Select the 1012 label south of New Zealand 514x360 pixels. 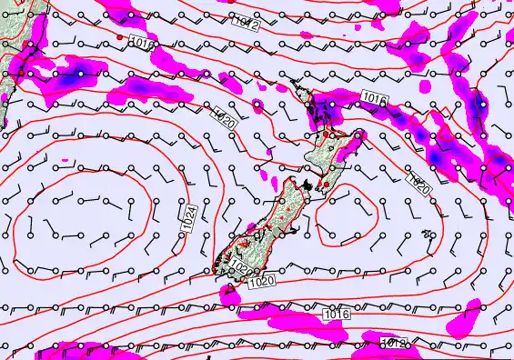tap(393, 343)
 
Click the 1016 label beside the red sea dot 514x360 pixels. tap(141, 43)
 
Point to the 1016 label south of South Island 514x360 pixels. tap(337, 315)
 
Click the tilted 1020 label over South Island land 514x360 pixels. tap(239, 266)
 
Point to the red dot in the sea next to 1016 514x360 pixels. tap(120, 36)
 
